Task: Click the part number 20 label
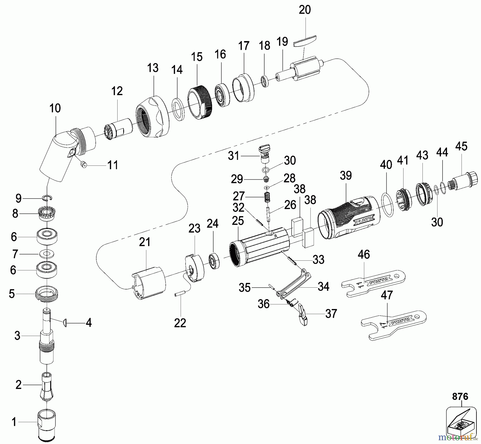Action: tap(305, 10)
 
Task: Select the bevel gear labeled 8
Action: tap(47, 214)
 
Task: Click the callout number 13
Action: tap(153, 68)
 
